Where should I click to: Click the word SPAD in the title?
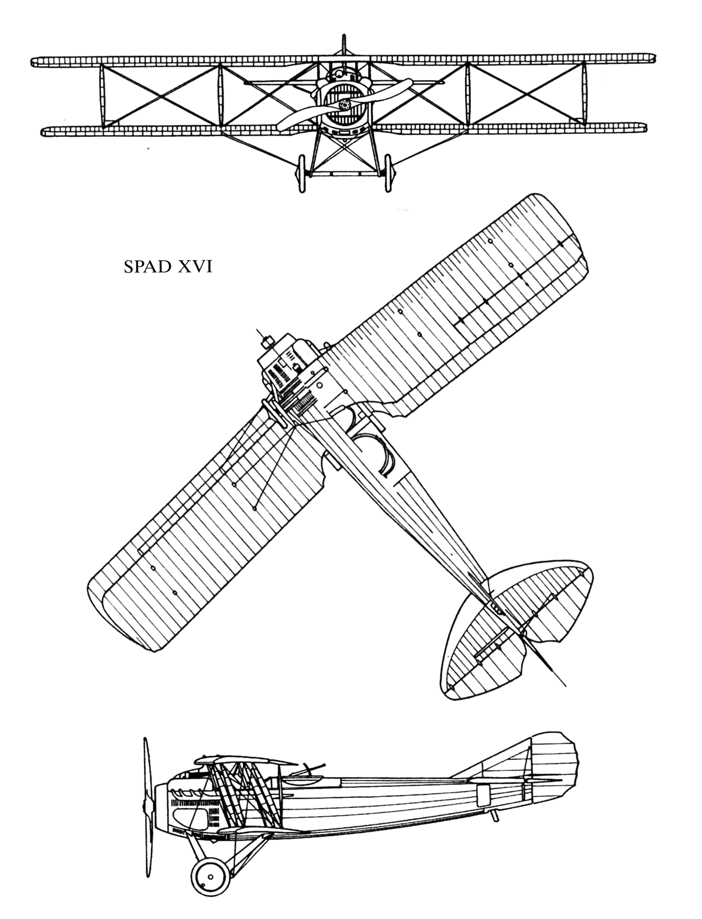point(147,267)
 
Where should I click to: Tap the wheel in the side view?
point(211,876)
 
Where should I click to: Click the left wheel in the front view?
point(302,173)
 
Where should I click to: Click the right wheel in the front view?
point(388,173)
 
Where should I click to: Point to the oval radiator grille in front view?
point(345,105)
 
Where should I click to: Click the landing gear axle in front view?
point(345,173)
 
